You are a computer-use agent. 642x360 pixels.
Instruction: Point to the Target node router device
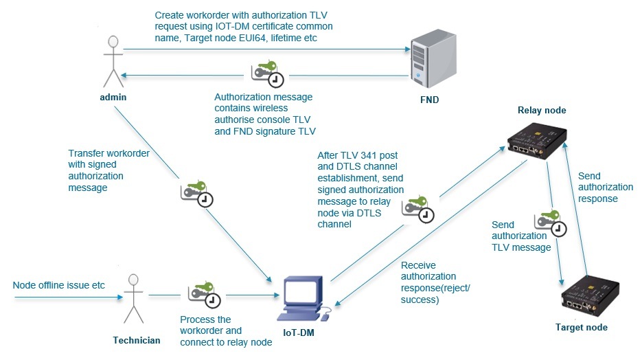coord(588,297)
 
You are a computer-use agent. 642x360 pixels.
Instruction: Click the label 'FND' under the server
coord(429,100)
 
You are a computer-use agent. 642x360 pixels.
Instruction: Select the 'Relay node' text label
coord(541,109)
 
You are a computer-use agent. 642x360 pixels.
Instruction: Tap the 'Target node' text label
coord(581,328)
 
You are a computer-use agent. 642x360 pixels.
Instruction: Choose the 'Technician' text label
coord(136,340)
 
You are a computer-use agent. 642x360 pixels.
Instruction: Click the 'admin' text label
coord(113,97)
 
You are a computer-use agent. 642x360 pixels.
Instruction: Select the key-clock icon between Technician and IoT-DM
coord(204,294)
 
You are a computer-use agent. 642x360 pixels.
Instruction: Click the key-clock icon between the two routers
coord(550,223)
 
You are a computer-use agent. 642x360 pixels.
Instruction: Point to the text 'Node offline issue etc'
coord(59,284)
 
